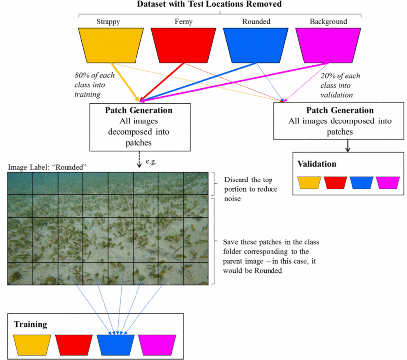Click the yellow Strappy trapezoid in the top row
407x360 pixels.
[x=111, y=46]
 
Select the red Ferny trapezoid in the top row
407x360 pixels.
[x=184, y=46]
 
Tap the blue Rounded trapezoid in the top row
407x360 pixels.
[x=256, y=46]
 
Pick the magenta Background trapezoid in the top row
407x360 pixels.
[x=328, y=46]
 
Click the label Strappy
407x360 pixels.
[x=108, y=22]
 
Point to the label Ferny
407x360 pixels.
[x=183, y=22]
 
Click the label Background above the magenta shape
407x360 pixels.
[x=329, y=22]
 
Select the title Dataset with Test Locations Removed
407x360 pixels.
[x=209, y=4]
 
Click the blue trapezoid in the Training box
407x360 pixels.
[x=115, y=345]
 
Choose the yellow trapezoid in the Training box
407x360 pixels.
[x=32, y=345]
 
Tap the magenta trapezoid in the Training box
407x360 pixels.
[x=157, y=345]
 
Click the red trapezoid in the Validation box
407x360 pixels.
[x=336, y=182]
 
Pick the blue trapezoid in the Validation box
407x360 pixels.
[x=361, y=182]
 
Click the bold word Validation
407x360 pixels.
[x=317, y=164]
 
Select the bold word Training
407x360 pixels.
[x=31, y=324]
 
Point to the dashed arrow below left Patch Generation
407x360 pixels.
[x=139, y=159]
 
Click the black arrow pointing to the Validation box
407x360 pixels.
[x=348, y=146]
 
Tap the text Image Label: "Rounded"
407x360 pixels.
[x=47, y=167]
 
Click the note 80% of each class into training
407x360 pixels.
[x=94, y=85]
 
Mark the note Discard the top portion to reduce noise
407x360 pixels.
[x=251, y=189]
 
